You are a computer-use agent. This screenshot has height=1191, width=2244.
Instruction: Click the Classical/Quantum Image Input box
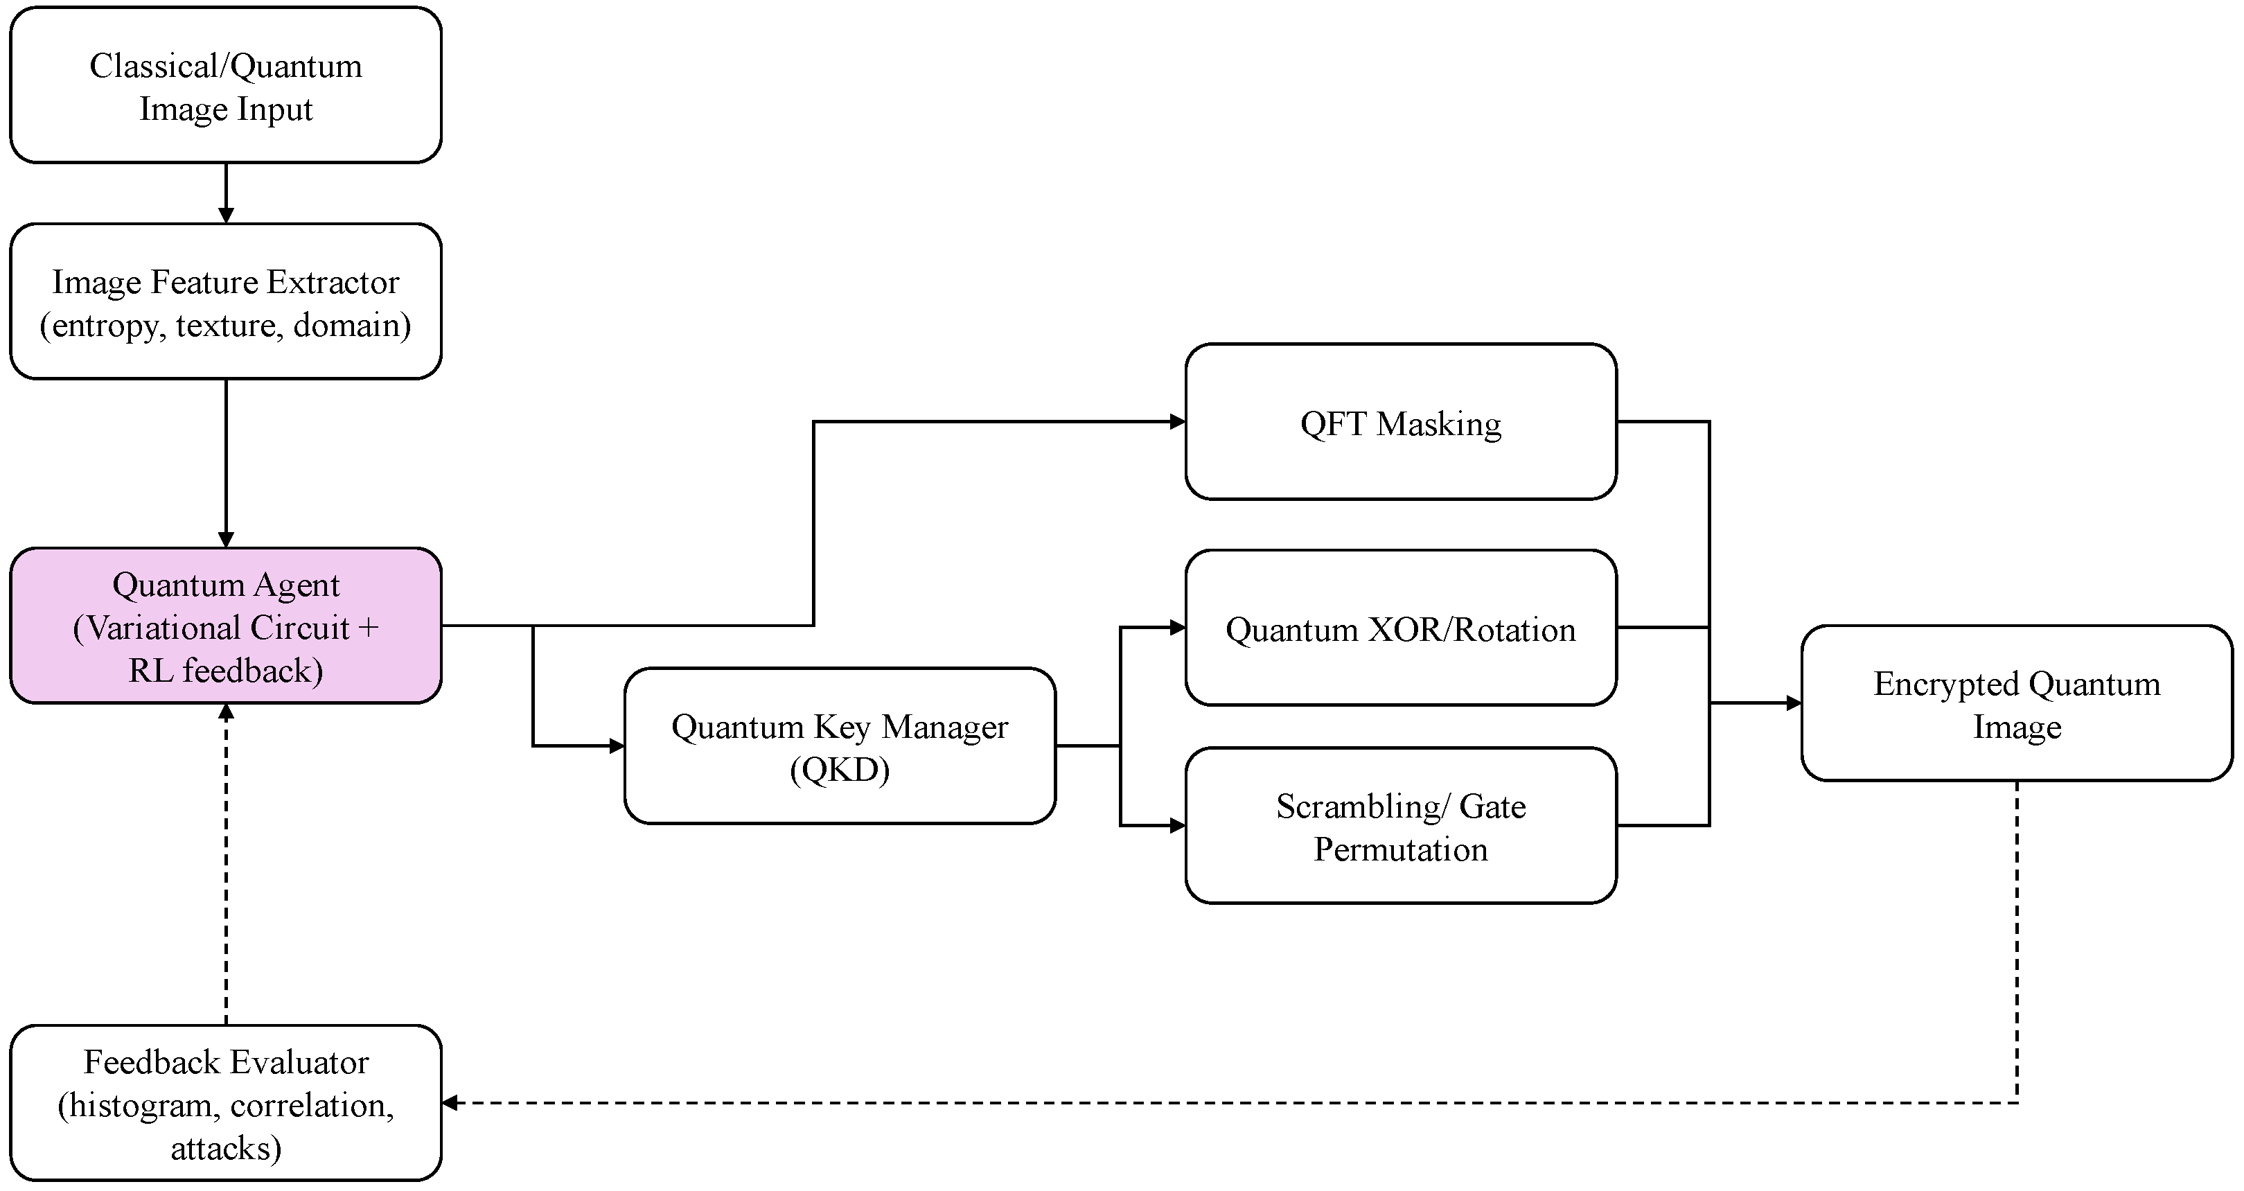(226, 85)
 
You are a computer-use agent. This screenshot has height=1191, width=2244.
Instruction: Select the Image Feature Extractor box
(226, 301)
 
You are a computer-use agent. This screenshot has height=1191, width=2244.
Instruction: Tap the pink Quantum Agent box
(226, 626)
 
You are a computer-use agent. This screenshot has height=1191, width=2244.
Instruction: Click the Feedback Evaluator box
(226, 1103)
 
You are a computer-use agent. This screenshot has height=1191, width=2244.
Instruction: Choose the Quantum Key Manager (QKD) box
(840, 746)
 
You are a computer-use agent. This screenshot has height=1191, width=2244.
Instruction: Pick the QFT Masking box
(1401, 422)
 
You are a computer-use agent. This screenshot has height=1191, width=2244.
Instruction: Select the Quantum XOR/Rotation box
(1401, 627)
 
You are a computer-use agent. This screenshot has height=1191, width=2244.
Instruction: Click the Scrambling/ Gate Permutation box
(1401, 825)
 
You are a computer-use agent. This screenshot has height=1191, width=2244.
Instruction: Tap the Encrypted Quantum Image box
(2017, 703)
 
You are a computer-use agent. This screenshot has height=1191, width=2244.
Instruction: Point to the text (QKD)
(840, 769)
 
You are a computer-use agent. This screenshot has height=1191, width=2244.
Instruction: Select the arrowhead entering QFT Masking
(1177, 422)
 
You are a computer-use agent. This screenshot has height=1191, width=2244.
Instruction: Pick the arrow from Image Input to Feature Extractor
(226, 193)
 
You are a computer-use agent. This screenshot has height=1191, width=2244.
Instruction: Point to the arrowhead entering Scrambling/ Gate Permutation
(1177, 825)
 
